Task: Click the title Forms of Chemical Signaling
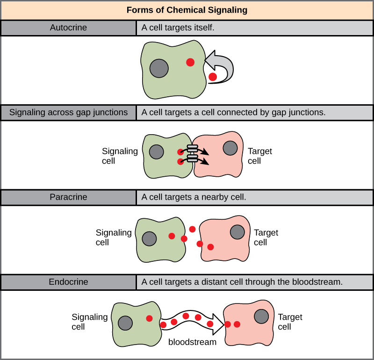coord(187,10)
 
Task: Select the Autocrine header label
coord(68,28)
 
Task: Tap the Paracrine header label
coord(68,197)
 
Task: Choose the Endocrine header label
coord(68,282)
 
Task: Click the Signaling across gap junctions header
coord(68,112)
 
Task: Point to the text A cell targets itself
coord(178,28)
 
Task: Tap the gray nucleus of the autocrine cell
coord(159,68)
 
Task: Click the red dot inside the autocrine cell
coord(190,62)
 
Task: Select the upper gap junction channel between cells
coord(193,149)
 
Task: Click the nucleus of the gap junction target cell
coord(230,148)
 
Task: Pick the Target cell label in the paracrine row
coord(266,238)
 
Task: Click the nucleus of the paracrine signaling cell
coord(149,238)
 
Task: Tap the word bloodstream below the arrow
coord(192,342)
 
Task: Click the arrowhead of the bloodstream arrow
coord(216,324)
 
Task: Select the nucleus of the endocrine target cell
coord(261,317)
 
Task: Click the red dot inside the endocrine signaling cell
coord(149,318)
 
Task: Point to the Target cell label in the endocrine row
coord(290,322)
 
